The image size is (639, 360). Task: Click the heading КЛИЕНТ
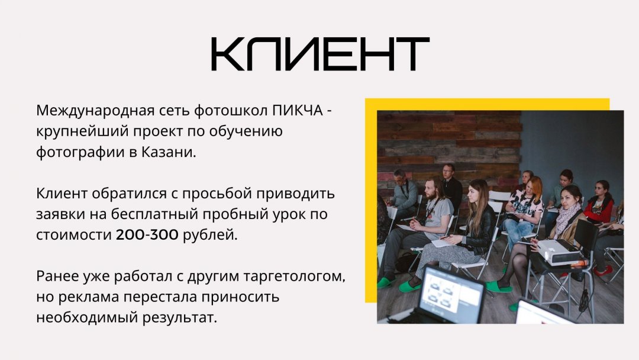pos(320,54)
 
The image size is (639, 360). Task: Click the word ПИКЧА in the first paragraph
pos(298,111)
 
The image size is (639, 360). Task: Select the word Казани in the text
pos(169,152)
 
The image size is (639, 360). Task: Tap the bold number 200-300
pos(147,235)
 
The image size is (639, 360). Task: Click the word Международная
pos(95,111)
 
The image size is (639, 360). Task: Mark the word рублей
pos(209,235)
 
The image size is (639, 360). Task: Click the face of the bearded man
pos(430,190)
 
